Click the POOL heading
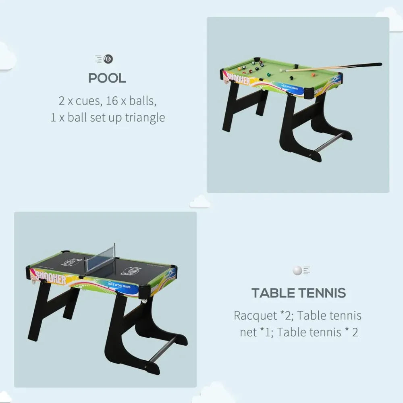(x=107, y=78)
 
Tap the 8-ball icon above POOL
(x=108, y=59)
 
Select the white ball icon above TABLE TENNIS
(x=297, y=270)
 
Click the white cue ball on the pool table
(x=281, y=70)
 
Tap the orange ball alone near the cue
(x=313, y=75)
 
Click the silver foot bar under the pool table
(x=328, y=142)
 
